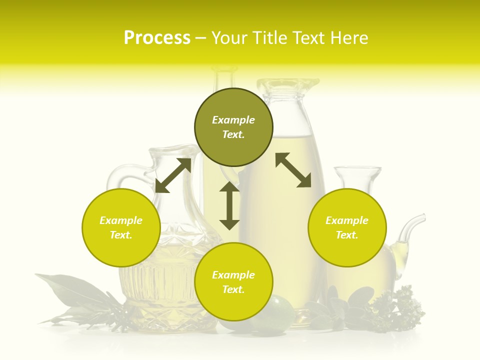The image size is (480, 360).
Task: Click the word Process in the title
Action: [x=157, y=38]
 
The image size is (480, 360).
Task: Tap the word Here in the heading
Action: [x=348, y=38]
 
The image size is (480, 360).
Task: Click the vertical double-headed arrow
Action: [x=229, y=205]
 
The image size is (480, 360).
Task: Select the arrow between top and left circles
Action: [x=173, y=175]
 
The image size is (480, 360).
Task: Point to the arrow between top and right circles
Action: [x=293, y=170]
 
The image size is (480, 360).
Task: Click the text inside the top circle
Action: [x=233, y=127]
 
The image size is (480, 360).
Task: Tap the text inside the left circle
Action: [x=121, y=227]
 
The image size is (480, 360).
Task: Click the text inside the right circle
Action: [x=347, y=227]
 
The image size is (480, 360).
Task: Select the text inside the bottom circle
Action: [x=233, y=282]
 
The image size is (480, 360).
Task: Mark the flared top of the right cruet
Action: [x=357, y=172]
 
